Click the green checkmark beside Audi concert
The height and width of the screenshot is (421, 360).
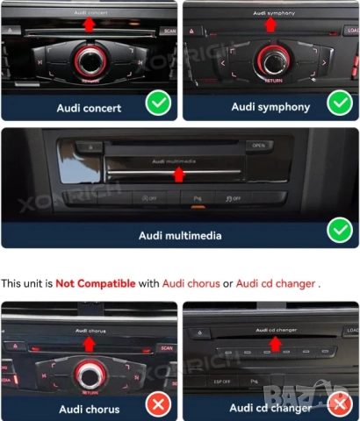coord(158,104)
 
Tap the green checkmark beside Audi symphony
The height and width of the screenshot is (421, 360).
coord(339,104)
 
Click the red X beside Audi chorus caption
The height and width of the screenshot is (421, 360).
coord(158,404)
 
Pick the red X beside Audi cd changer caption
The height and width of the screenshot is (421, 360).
coord(338,404)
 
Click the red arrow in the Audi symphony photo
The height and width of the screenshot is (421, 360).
coord(270,25)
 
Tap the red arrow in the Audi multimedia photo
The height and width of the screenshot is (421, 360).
coord(179,174)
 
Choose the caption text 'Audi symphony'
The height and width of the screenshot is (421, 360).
coord(270,107)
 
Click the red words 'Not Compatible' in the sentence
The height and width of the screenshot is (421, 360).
coord(95,283)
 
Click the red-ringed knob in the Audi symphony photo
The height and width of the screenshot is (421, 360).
coord(271,61)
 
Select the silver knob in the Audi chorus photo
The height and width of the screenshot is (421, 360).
coord(89,375)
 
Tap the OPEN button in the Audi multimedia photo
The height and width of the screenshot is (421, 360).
coord(257,146)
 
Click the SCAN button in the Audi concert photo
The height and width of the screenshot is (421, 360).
coord(167,31)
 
